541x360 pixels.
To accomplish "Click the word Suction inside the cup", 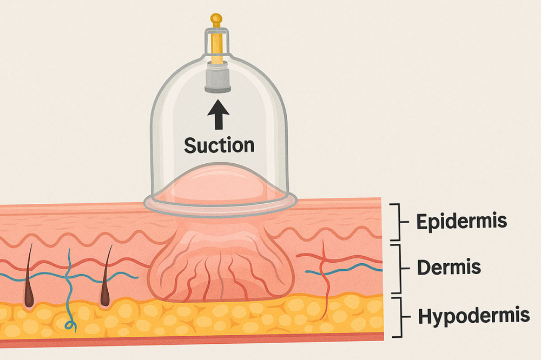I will coord(219,145).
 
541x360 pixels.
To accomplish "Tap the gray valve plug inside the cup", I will coord(218,80).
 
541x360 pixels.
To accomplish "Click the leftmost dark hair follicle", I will coord(28,281).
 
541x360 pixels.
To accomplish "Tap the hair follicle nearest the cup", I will coord(105,281).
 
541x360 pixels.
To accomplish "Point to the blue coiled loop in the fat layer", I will coord(69,324).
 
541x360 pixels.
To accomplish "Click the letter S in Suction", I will coord(190,145).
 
